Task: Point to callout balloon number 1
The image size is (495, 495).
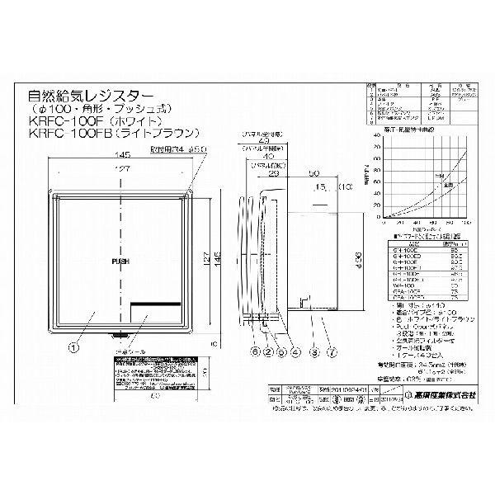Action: point(74,347)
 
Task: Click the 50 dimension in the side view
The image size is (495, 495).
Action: point(314,174)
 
